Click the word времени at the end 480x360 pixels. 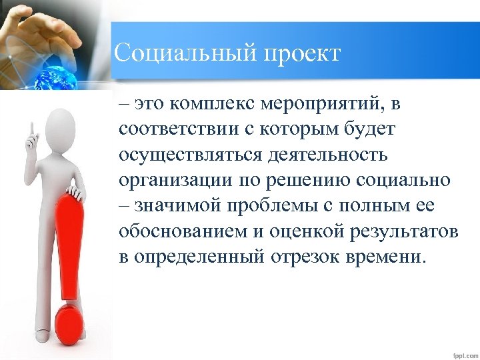click(x=391, y=257)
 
